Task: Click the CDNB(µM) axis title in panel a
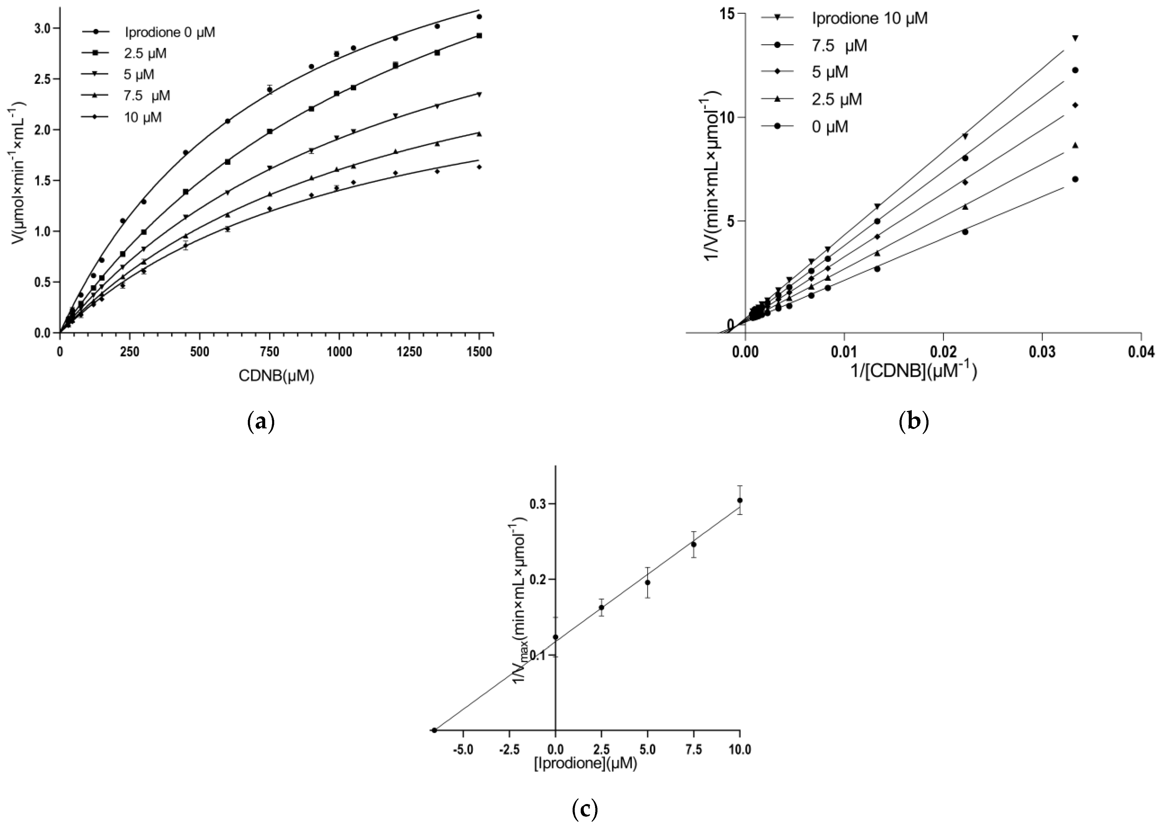tap(276, 376)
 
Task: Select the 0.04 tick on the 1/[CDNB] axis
tap(1140, 352)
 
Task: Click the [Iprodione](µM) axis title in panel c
tap(585, 765)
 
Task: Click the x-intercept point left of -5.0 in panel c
tap(434, 730)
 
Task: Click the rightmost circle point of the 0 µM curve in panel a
tap(479, 17)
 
